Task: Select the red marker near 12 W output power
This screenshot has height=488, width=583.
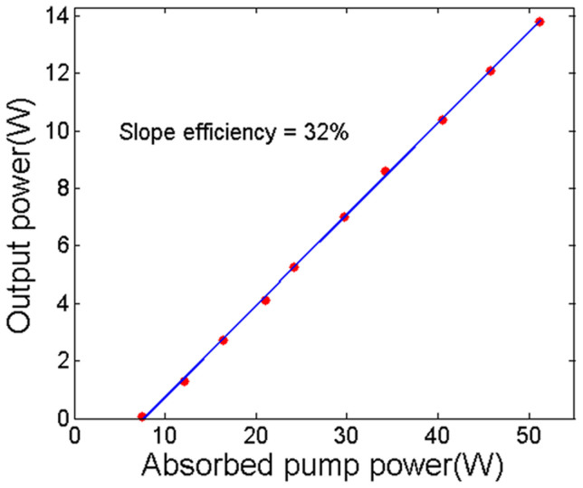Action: (491, 71)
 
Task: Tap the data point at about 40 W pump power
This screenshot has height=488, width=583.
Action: (443, 120)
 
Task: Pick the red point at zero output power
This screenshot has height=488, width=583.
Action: (142, 416)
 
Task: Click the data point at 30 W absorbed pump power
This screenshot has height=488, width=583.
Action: (344, 216)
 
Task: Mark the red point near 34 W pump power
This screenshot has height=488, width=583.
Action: (385, 171)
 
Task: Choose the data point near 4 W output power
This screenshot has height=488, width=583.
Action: (265, 300)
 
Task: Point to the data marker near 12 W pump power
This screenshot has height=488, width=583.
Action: (185, 381)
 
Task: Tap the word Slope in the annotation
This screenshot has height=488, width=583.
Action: (141, 132)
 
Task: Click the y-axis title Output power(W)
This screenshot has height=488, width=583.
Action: (24, 218)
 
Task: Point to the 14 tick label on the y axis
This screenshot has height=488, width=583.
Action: (57, 15)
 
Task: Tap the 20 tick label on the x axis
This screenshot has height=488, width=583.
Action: (257, 435)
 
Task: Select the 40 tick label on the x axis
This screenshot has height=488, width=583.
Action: (438, 435)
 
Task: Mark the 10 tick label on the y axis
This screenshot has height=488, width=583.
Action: (57, 130)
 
